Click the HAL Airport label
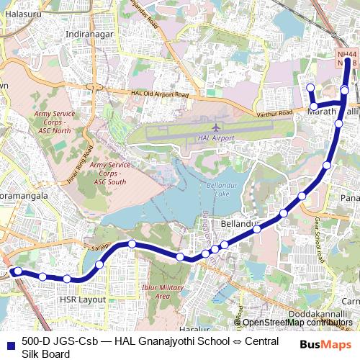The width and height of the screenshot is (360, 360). click(215, 138)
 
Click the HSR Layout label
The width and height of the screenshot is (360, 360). click(81, 299)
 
